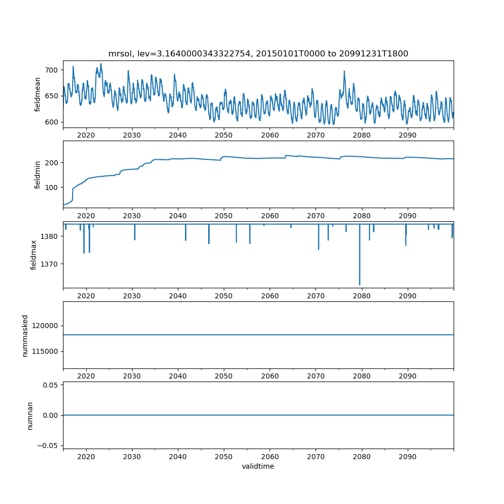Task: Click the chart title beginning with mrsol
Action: click(x=258, y=54)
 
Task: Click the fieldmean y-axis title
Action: click(x=37, y=95)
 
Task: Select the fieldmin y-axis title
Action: click(x=37, y=175)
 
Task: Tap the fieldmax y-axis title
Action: click(x=33, y=255)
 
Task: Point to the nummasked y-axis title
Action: click(x=25, y=336)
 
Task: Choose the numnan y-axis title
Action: click(x=30, y=416)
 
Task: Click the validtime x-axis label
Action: click(x=258, y=466)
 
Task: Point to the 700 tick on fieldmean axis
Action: click(x=51, y=70)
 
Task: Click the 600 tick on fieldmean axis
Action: click(x=51, y=122)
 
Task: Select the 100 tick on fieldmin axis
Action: click(x=51, y=187)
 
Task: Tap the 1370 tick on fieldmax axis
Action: click(x=49, y=264)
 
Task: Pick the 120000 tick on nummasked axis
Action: click(x=45, y=326)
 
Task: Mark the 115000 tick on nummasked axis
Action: click(x=45, y=351)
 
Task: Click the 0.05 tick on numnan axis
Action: click(x=50, y=385)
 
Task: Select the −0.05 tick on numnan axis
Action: click(x=47, y=446)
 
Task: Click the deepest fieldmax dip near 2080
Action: click(x=360, y=284)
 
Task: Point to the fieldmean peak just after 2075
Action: click(x=344, y=72)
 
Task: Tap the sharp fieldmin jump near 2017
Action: click(x=73, y=194)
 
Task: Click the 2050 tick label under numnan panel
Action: click(x=224, y=457)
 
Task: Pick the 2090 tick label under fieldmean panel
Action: click(x=408, y=135)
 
